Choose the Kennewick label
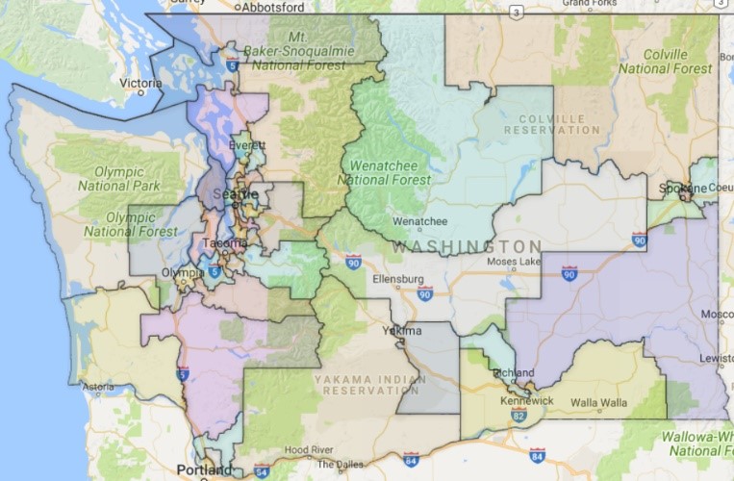(526, 400)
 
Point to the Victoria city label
(139, 84)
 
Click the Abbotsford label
(271, 6)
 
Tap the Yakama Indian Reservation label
(368, 385)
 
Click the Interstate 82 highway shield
(519, 417)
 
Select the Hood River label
(309, 449)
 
